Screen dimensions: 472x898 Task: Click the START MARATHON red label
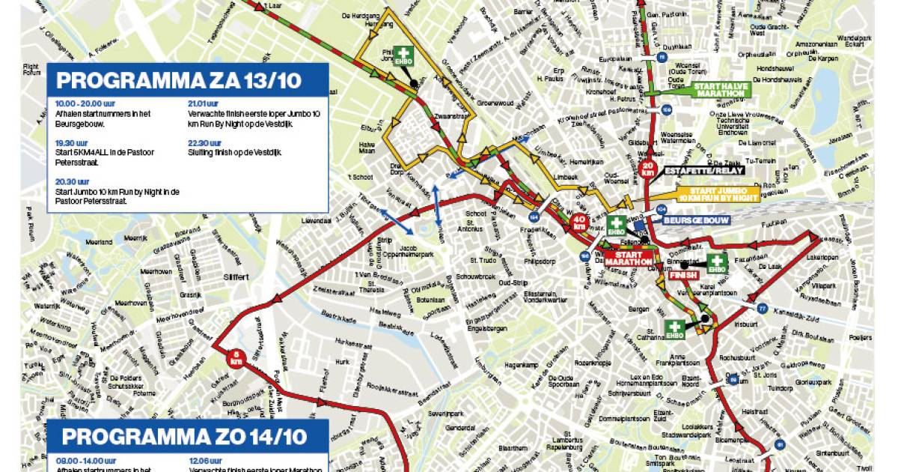[629, 258]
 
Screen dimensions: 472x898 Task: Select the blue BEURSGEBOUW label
[691, 220]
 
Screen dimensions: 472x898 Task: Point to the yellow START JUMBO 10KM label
[718, 193]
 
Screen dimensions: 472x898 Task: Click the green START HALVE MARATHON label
[716, 90]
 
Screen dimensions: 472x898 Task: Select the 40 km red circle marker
[579, 223]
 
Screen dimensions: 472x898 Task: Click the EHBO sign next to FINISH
[717, 264]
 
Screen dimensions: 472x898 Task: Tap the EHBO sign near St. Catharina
[675, 330]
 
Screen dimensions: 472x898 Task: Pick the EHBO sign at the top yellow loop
[404, 58]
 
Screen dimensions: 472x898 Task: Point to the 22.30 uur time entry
[204, 142]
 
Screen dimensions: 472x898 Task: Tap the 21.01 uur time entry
[204, 103]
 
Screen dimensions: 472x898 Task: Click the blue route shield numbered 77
[762, 309]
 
